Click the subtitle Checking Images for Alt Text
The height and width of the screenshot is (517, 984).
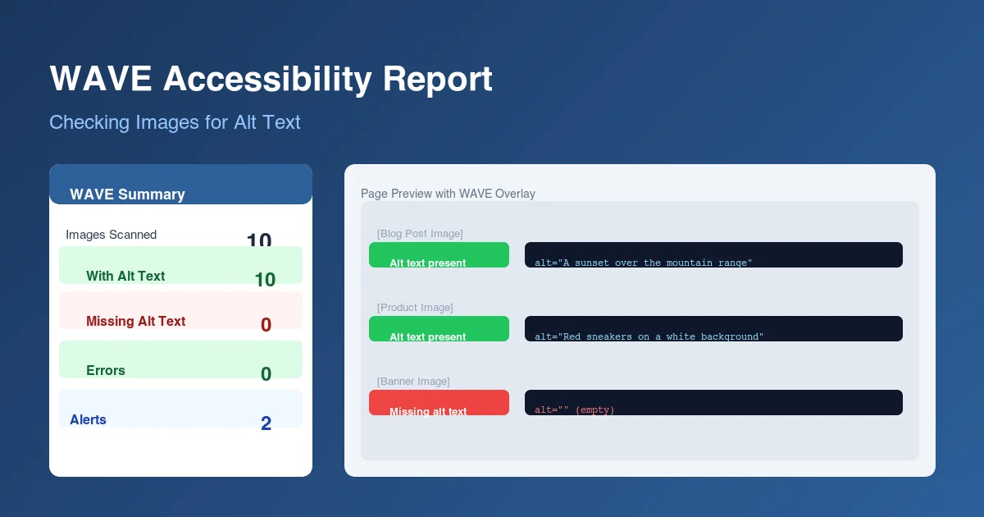tap(175, 122)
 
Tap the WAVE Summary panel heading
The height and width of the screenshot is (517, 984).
tap(127, 194)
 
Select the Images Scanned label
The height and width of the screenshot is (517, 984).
tap(111, 235)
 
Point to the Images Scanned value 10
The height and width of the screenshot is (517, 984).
tap(258, 240)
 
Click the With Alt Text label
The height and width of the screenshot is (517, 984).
tap(125, 276)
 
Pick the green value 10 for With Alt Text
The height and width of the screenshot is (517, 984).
tap(265, 279)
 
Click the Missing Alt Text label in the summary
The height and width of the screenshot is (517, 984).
tap(135, 321)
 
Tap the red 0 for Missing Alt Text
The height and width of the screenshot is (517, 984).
tap(266, 325)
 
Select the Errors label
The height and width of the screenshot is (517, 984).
tap(106, 370)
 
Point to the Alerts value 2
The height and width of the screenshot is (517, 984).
tap(266, 423)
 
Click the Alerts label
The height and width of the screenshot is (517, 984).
tap(88, 419)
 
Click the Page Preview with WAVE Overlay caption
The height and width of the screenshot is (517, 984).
tap(448, 194)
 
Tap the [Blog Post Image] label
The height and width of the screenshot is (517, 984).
tap(420, 234)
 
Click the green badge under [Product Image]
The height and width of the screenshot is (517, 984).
tap(439, 329)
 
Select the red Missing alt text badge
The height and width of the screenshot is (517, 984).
tap(439, 403)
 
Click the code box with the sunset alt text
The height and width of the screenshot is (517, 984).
tap(713, 255)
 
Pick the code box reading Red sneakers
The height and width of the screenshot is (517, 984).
tap(713, 329)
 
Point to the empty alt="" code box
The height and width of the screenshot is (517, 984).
tap(713, 403)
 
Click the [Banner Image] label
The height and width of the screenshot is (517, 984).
tap(413, 382)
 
